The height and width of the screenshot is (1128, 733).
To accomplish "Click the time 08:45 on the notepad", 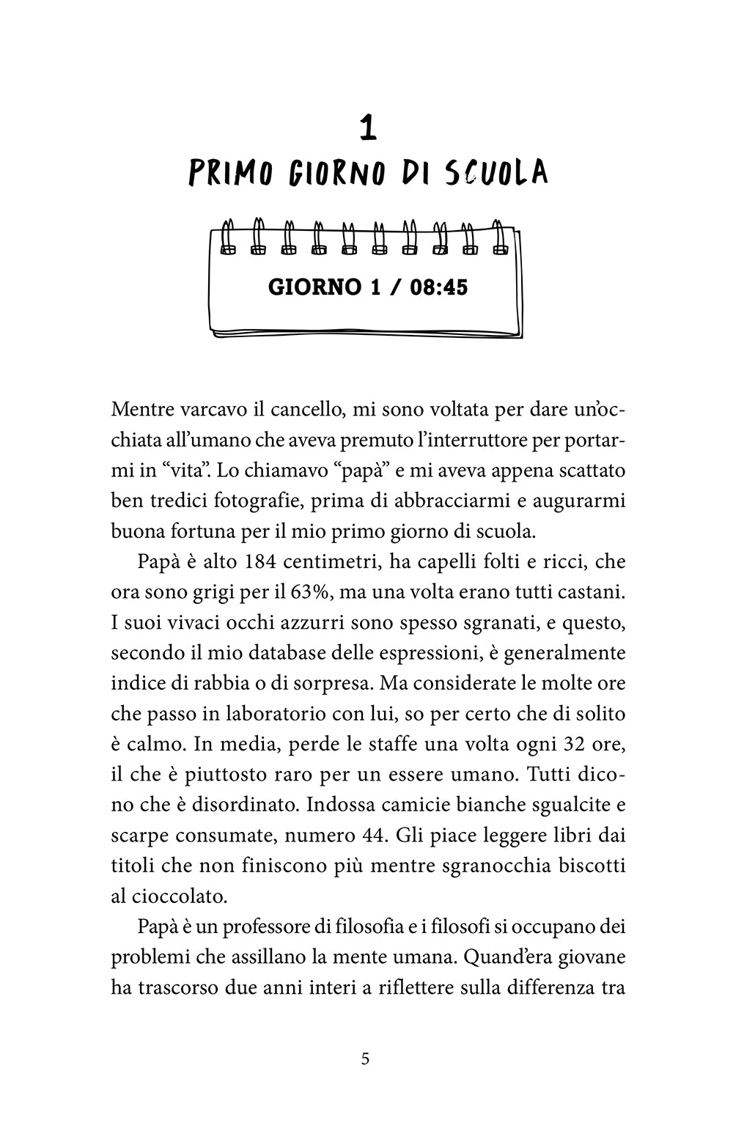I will pyautogui.click(x=438, y=287).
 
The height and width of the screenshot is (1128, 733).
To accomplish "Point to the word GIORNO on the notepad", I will pyautogui.click(x=314, y=287).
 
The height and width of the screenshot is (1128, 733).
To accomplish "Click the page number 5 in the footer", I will pyautogui.click(x=366, y=1058).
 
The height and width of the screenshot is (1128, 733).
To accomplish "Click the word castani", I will pyautogui.click(x=592, y=592).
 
